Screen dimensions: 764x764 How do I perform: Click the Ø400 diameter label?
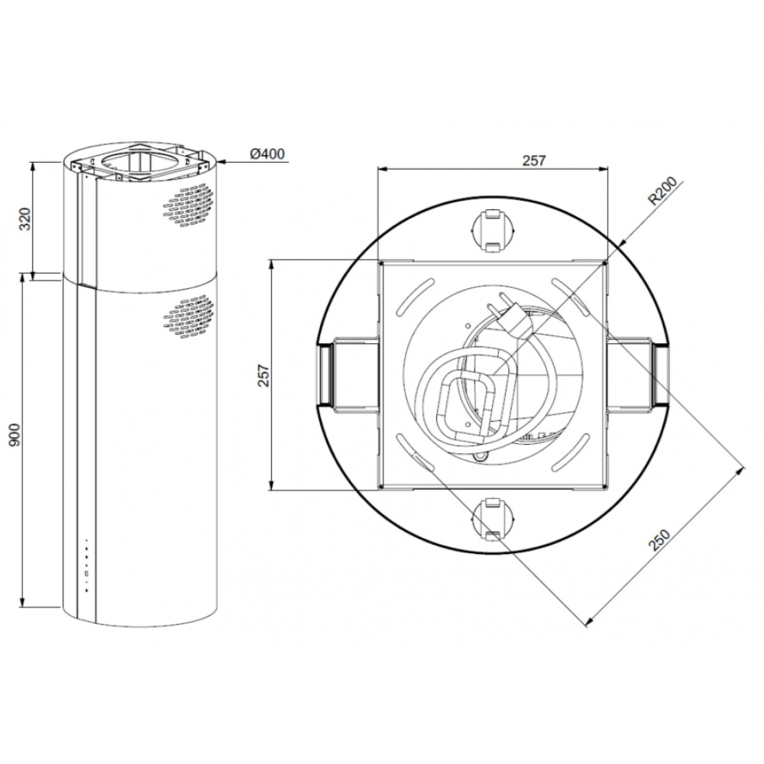267,154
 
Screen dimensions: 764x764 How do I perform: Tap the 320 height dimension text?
25,219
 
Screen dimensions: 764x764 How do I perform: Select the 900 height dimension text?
14,435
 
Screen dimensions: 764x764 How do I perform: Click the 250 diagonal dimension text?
660,539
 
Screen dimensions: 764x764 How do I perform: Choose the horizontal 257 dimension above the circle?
534,160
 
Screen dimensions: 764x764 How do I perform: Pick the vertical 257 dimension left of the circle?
264,375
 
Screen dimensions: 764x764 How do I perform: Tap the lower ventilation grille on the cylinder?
188,318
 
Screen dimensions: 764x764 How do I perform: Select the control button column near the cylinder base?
86,565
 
